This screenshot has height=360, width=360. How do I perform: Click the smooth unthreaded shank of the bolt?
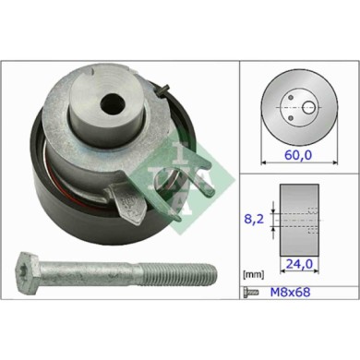pos(92,275)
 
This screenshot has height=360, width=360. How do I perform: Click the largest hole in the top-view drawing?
pos(307,107)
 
